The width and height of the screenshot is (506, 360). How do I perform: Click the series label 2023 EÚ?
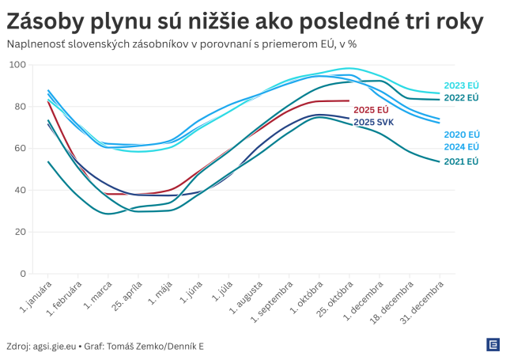[462, 85]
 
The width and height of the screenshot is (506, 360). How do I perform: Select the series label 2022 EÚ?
[462, 98]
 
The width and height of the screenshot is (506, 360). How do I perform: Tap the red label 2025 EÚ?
[371, 110]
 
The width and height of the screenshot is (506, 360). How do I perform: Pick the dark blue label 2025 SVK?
[374, 123]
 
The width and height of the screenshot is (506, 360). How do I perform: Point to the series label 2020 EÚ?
[462, 135]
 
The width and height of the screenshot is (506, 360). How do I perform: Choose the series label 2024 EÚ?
[462, 147]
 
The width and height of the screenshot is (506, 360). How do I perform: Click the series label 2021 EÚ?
[462, 161]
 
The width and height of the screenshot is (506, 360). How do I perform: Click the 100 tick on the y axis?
[17, 65]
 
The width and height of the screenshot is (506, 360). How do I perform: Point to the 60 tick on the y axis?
[19, 149]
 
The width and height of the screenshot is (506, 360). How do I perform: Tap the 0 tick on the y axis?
[22, 274]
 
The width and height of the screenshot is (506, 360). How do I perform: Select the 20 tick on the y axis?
[19, 233]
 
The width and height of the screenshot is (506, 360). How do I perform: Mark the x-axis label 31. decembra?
[424, 303]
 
